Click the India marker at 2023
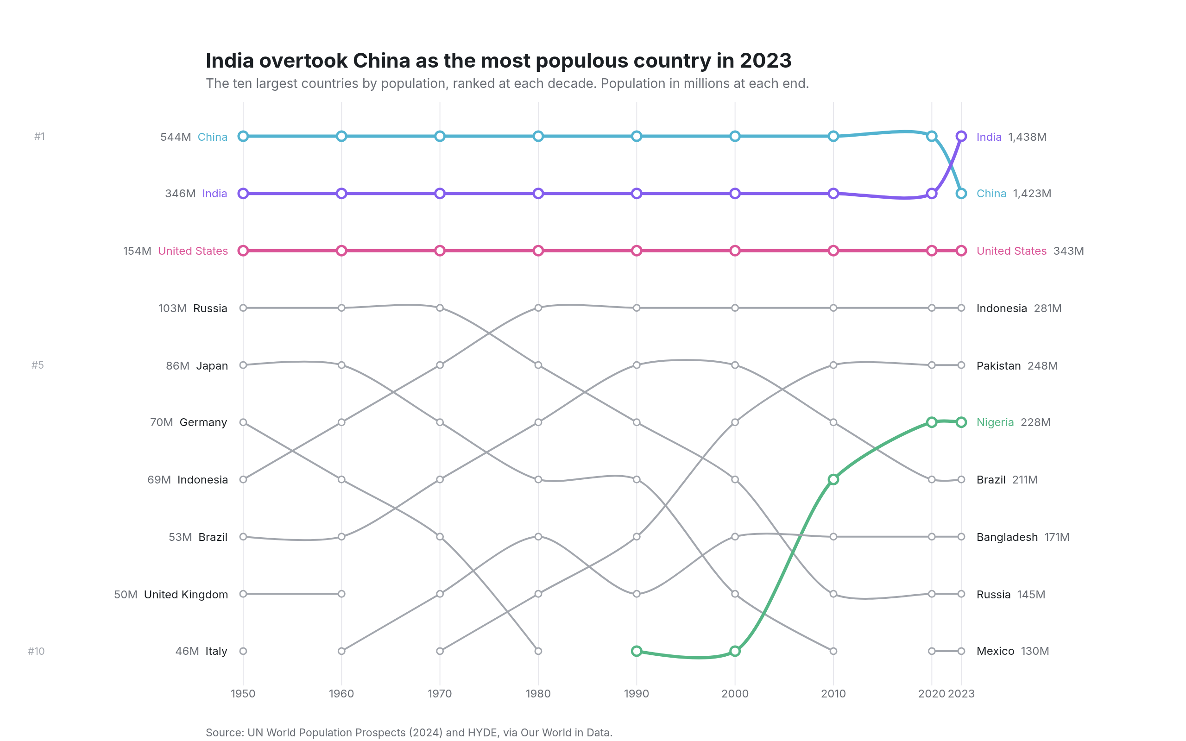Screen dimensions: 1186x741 coord(961,136)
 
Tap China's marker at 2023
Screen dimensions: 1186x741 coord(961,194)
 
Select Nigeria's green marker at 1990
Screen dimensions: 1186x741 coord(636,651)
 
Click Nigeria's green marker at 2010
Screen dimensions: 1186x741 coord(833,479)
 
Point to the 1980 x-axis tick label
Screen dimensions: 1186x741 coord(538,693)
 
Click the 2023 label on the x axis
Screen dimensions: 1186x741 coord(961,693)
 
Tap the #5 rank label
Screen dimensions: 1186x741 coord(38,365)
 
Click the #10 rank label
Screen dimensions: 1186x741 coord(36,651)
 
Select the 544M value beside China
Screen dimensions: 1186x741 coord(176,137)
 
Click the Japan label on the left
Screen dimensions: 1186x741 coord(212,366)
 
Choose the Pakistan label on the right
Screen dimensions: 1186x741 coord(998,365)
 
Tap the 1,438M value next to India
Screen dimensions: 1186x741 coord(1027,137)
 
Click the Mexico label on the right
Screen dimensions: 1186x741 coord(995,651)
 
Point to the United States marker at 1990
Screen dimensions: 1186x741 coord(636,251)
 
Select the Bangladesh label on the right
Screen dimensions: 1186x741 coord(1007,537)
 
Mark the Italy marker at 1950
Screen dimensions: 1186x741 coord(243,651)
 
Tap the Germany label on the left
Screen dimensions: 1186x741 coord(203,422)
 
